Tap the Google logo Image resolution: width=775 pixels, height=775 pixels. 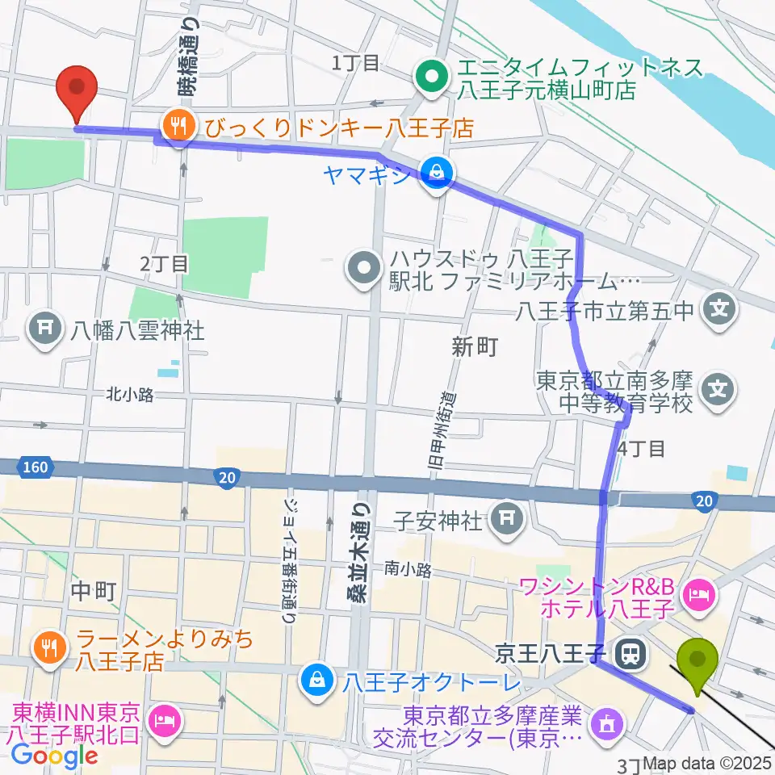point(55,754)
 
